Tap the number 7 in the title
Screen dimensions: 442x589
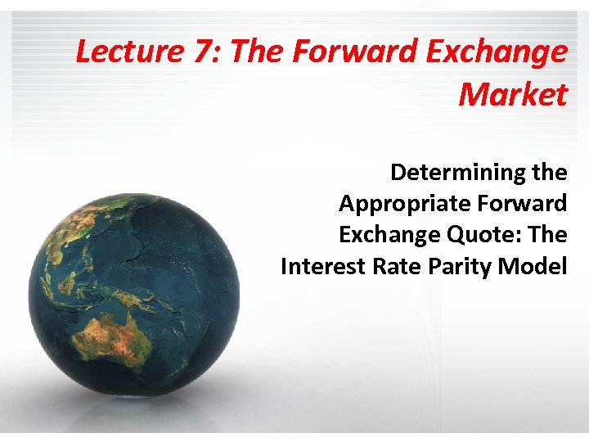click(201, 52)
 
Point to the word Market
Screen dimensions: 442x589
click(512, 95)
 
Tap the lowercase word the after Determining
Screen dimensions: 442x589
click(548, 173)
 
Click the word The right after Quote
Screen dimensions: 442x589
click(547, 235)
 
